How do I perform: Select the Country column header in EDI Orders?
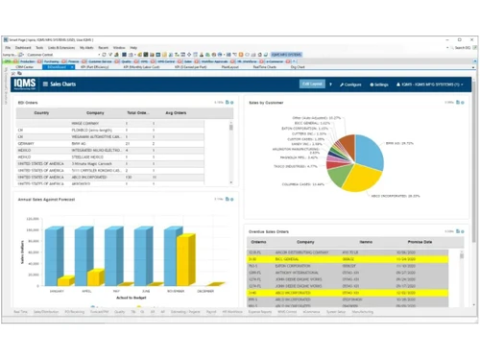click(41, 112)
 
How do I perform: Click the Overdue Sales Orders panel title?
click(275, 231)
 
